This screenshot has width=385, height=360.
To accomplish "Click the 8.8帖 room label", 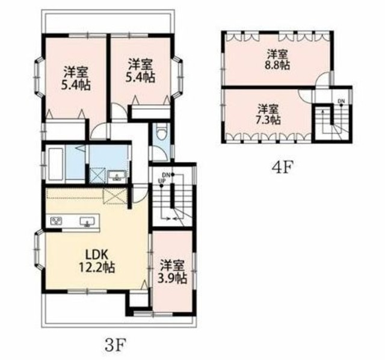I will click(x=278, y=58).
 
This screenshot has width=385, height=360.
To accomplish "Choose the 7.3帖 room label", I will click(x=268, y=114).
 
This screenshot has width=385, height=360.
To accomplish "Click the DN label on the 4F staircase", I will click(x=341, y=101).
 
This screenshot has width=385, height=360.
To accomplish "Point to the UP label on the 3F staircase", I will click(x=161, y=181).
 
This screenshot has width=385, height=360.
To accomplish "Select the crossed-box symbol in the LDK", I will click(x=114, y=197).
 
